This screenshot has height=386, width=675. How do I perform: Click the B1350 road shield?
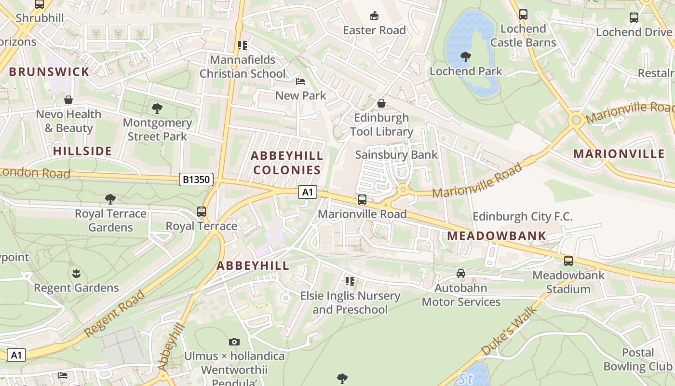(197, 180)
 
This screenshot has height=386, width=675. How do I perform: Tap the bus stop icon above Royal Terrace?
(202, 211)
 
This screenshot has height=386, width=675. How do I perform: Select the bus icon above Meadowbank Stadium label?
(568, 261)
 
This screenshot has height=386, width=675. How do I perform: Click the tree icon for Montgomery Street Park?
(157, 108)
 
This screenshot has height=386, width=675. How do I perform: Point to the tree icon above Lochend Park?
(466, 57)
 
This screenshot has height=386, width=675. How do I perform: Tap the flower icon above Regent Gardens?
(76, 274)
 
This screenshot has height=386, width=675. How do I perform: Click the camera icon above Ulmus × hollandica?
(234, 342)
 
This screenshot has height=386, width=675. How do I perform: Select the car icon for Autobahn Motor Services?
(461, 274)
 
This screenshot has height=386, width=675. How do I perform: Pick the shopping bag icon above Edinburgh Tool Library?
(381, 103)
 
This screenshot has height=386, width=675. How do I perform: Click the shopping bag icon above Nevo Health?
(68, 100)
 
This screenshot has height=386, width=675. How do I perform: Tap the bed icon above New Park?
(300, 81)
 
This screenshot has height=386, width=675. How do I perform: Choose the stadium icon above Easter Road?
(374, 16)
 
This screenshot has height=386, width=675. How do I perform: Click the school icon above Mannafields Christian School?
(243, 45)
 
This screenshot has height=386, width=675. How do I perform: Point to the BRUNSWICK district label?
(49, 72)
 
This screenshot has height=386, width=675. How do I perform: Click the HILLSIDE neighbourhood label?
(82, 151)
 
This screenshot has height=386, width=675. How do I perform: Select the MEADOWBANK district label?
(497, 236)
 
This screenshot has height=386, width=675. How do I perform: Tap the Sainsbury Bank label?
(396, 155)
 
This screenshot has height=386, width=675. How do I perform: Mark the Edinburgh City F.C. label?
(523, 217)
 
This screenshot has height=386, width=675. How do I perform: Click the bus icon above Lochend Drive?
(634, 18)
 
